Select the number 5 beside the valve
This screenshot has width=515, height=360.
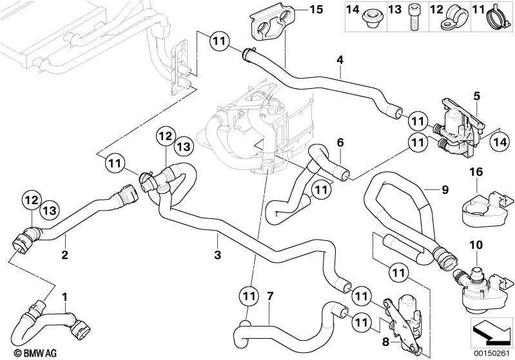(x=476, y=96)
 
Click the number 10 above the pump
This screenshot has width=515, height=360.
(x=476, y=245)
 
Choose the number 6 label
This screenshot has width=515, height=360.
(x=340, y=142)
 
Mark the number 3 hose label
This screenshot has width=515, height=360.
(x=217, y=256)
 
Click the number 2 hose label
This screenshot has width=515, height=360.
(x=64, y=256)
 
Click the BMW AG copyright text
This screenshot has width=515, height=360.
(x=23, y=352)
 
